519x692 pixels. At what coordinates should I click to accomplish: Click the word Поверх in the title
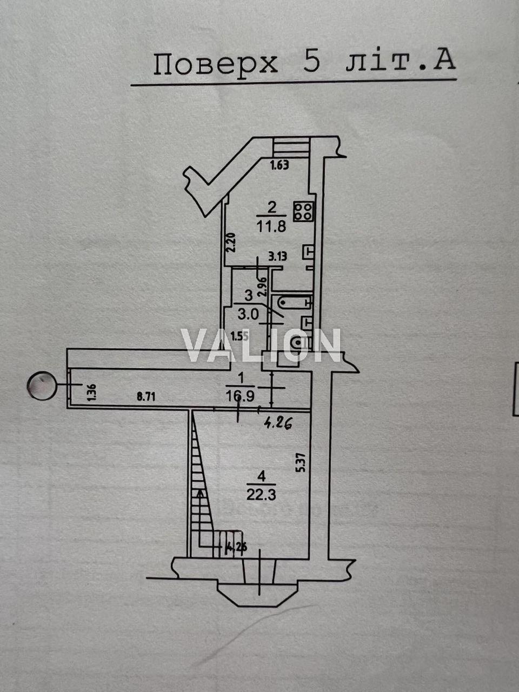tap(215, 64)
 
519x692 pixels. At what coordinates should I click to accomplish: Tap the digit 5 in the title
tap(311, 63)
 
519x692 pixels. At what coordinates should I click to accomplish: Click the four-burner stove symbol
tap(304, 211)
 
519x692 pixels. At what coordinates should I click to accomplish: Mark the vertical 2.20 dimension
tap(231, 243)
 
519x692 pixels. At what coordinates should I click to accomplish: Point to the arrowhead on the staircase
tap(201, 493)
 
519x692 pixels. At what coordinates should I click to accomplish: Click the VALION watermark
tap(261, 345)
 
